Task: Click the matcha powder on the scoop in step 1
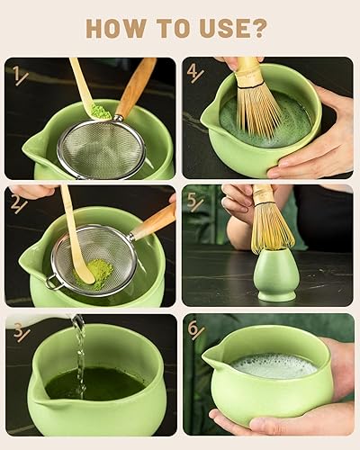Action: coord(101,112)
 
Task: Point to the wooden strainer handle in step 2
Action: coord(154,220)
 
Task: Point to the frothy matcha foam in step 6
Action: coord(274,365)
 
